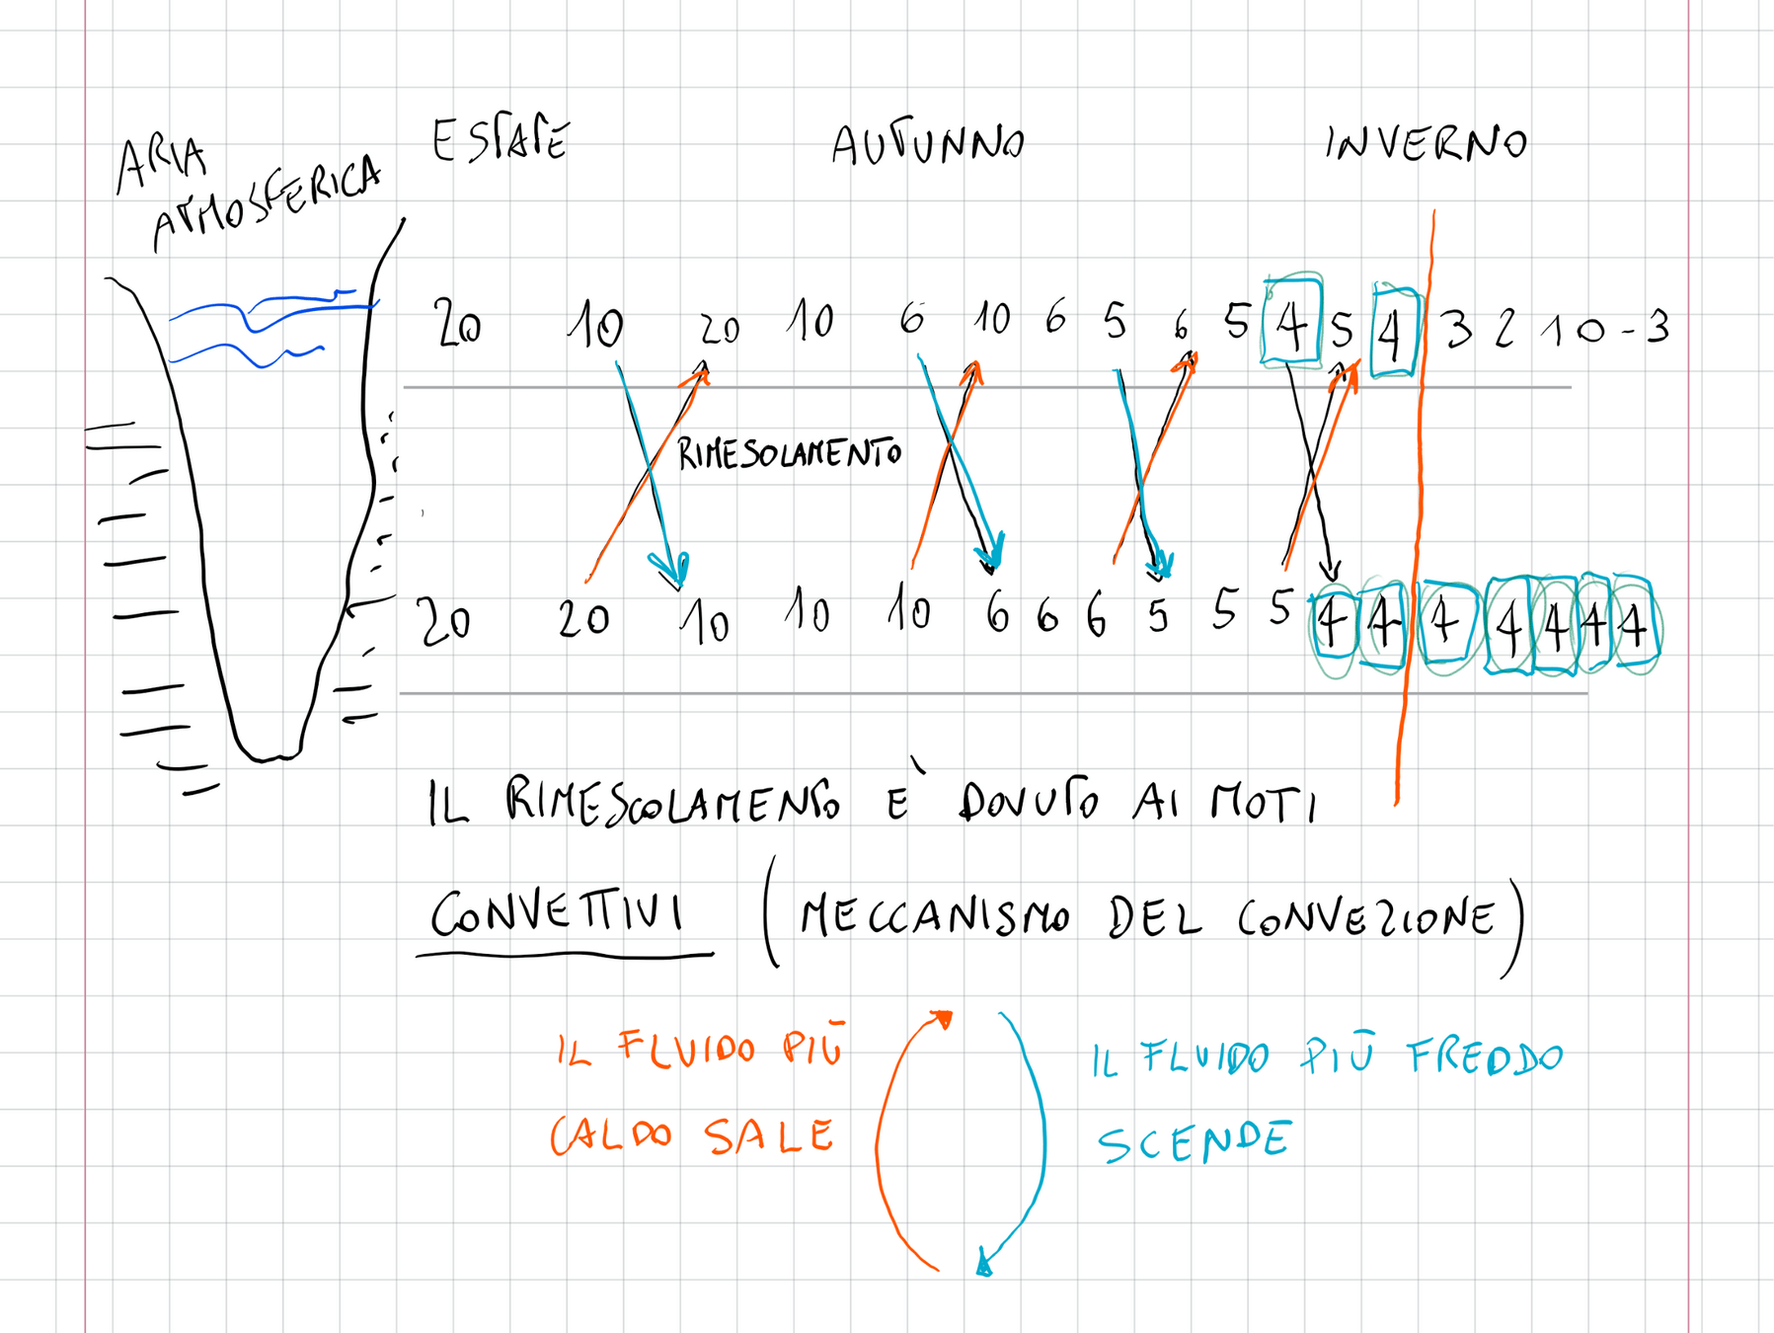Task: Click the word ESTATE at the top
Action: click(x=501, y=140)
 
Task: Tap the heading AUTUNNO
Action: click(x=927, y=146)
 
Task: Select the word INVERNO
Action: click(x=1426, y=144)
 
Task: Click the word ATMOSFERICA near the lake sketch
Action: click(x=267, y=204)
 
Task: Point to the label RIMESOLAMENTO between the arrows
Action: click(x=789, y=454)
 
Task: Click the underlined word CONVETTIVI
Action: click(x=558, y=912)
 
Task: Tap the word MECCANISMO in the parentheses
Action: click(x=934, y=917)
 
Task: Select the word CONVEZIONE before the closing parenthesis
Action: click(x=1366, y=919)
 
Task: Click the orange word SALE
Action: click(x=769, y=1137)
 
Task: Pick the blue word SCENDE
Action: click(x=1194, y=1142)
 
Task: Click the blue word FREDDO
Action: click(x=1485, y=1058)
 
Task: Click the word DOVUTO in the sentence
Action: click(x=1028, y=801)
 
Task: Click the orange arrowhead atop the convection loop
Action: click(x=943, y=1019)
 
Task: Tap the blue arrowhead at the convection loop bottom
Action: click(x=983, y=1264)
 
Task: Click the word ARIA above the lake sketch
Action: click(x=161, y=163)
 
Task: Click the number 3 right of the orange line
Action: click(x=1458, y=330)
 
